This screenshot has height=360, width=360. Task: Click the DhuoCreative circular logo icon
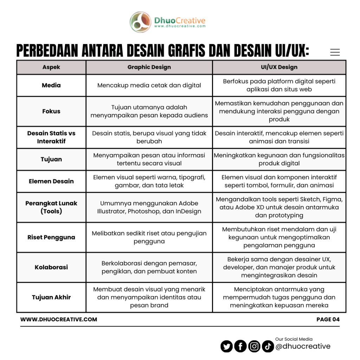(x=141, y=22)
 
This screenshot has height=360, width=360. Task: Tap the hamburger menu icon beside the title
(x=335, y=52)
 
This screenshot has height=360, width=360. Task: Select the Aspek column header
(x=51, y=67)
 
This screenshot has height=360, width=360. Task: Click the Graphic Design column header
(x=149, y=67)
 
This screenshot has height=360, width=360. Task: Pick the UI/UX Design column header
(x=279, y=67)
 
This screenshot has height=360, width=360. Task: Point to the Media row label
(x=51, y=85)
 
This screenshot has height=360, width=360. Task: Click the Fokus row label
(x=51, y=111)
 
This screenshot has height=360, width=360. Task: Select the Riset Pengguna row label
(x=51, y=237)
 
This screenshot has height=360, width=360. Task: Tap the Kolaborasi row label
(x=51, y=267)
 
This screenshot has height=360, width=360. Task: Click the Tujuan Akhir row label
(x=51, y=297)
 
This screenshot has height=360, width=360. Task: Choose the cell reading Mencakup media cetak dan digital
(x=149, y=85)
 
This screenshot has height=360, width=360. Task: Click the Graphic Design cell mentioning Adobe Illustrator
(x=149, y=207)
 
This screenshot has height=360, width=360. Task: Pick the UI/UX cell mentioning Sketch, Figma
(x=279, y=207)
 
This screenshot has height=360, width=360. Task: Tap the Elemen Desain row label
(x=51, y=181)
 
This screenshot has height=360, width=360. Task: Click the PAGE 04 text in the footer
(x=328, y=320)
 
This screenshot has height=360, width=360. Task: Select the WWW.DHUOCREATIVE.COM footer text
(x=59, y=320)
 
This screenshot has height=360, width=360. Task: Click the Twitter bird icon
(x=227, y=347)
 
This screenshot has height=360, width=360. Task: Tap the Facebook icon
(x=240, y=347)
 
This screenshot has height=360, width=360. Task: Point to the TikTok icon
(x=268, y=347)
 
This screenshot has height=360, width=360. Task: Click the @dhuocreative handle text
(x=303, y=347)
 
